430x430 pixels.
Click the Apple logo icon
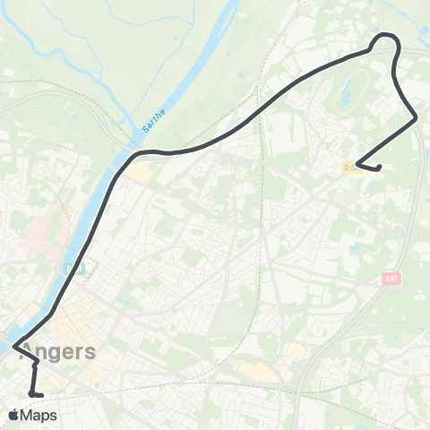tap(13, 415)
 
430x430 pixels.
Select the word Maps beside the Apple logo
tap(39, 415)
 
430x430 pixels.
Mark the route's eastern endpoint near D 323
tap(379, 167)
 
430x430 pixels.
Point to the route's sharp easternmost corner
tap(417, 117)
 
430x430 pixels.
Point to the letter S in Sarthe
tap(145, 132)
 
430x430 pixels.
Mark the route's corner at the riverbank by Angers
tap(14, 342)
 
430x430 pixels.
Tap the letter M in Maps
tap(29, 415)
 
